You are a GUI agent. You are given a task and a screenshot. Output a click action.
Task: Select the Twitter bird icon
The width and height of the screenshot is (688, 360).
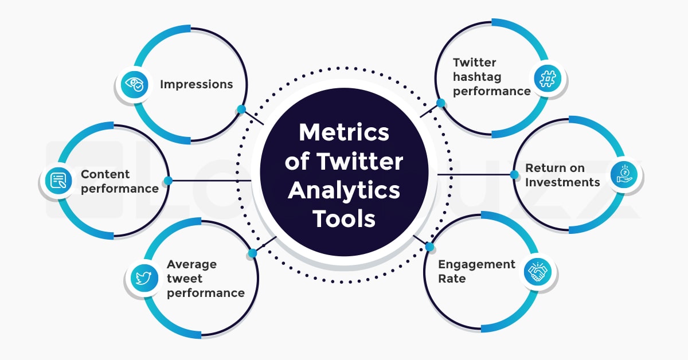pos(143,279)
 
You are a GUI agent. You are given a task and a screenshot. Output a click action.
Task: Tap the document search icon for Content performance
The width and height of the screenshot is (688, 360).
pos(58,181)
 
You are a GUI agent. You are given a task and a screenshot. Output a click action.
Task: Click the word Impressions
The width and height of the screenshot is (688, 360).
pos(196,85)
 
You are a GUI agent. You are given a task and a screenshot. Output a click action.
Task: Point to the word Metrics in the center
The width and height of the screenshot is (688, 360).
pos(344,133)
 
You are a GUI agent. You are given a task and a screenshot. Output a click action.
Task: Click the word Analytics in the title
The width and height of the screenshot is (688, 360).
pos(344,190)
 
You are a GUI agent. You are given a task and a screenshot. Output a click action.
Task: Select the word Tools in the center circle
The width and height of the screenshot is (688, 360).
pos(344,218)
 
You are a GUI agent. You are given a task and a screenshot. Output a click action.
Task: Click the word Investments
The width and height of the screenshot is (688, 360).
pos(562,182)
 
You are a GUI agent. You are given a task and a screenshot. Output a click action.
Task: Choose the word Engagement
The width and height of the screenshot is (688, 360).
pos(476,264)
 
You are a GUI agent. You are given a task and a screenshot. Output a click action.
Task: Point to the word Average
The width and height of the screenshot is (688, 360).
pos(191,264)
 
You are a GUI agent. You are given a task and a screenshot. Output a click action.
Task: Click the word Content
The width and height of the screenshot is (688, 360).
pos(105,174)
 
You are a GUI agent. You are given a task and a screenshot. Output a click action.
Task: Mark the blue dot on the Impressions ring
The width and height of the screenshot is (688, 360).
pos(241,109)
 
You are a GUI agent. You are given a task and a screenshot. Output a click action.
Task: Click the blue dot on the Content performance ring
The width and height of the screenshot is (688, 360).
pos(168,181)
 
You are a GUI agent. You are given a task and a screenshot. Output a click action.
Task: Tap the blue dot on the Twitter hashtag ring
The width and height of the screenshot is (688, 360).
pos(441,103)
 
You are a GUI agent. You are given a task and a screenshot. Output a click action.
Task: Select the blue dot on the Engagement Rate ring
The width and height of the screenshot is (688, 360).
pos(429,247)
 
